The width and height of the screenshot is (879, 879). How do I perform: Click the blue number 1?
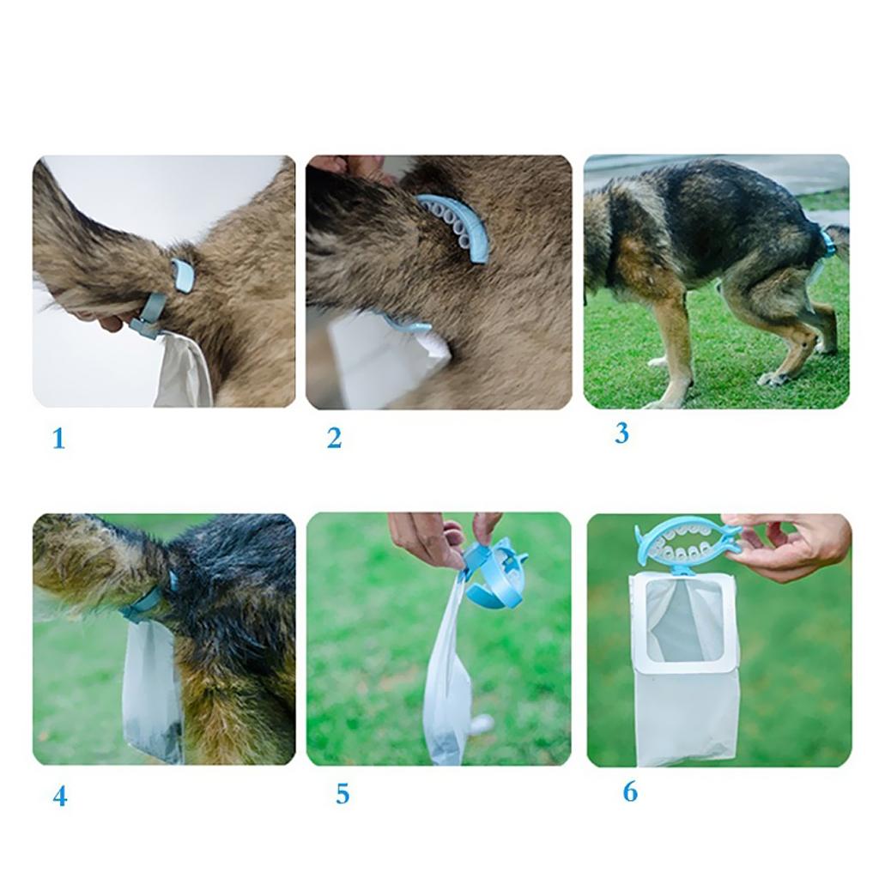(x=59, y=439)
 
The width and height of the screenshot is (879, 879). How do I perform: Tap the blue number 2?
(x=334, y=438)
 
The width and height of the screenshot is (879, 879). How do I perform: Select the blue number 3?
(x=621, y=433)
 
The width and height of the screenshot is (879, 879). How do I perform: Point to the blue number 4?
(x=60, y=796)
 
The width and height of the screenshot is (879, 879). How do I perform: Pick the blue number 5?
(x=343, y=794)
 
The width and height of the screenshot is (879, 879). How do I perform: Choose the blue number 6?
(x=630, y=791)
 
